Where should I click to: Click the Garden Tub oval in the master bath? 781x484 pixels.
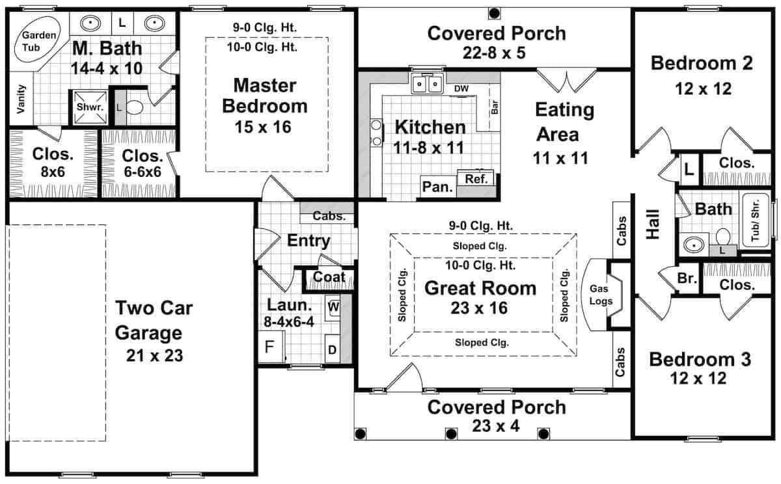[x=37, y=40]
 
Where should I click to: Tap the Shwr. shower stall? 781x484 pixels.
[x=90, y=107]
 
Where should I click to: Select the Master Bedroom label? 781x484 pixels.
[x=265, y=96]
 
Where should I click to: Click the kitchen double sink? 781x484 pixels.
[x=427, y=84]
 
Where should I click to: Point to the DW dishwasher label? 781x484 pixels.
[x=461, y=89]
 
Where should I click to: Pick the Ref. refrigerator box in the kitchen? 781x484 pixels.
[x=476, y=178]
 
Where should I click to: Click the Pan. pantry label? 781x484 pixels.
[x=437, y=187]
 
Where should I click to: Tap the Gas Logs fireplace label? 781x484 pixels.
[x=601, y=295]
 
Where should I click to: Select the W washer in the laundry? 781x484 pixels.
[x=333, y=307]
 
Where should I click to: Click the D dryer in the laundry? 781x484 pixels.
[x=333, y=349]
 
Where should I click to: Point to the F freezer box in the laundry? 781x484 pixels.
[x=271, y=347]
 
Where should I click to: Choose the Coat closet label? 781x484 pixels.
[x=329, y=277]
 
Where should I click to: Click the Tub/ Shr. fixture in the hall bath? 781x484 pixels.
[x=756, y=221]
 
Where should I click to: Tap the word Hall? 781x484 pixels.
[x=653, y=224]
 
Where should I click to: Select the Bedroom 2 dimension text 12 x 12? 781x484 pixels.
[x=704, y=89]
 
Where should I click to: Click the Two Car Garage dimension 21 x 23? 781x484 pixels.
[x=154, y=356]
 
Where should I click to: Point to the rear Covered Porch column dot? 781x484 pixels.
[x=494, y=14]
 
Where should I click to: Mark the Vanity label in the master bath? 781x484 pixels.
[x=21, y=99]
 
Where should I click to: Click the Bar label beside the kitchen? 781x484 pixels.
[x=495, y=107]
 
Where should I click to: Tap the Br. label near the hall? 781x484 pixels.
[x=687, y=278]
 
